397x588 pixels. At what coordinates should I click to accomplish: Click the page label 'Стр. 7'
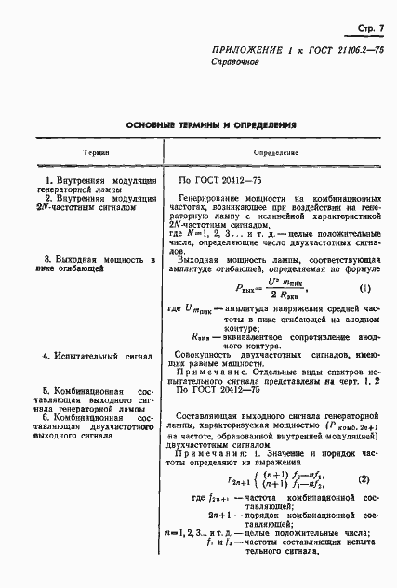click(x=368, y=31)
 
